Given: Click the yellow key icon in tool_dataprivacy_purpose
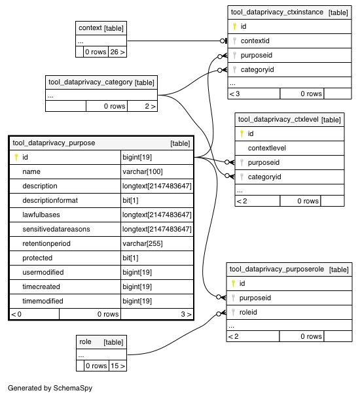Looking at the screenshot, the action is click(x=16, y=157).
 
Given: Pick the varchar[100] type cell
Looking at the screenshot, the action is click(x=143, y=171).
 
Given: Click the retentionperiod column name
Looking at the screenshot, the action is click(x=46, y=243).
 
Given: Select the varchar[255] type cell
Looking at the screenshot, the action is click(x=143, y=243).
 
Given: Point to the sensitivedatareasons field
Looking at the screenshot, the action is click(x=56, y=229).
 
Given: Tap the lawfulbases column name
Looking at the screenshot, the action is click(x=41, y=215).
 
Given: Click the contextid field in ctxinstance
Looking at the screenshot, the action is click(x=255, y=41).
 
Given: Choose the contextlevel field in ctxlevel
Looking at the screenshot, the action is click(x=267, y=148).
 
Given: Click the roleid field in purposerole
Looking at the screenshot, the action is click(x=248, y=312).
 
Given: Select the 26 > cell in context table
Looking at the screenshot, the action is click(x=117, y=52).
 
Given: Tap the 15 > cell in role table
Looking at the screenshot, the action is click(x=118, y=366).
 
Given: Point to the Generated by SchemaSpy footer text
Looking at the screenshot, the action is click(x=50, y=388).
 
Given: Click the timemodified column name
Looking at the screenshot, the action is click(x=43, y=301).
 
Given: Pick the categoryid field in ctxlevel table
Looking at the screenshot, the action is click(x=264, y=177).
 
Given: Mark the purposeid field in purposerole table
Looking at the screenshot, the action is click(x=255, y=298).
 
